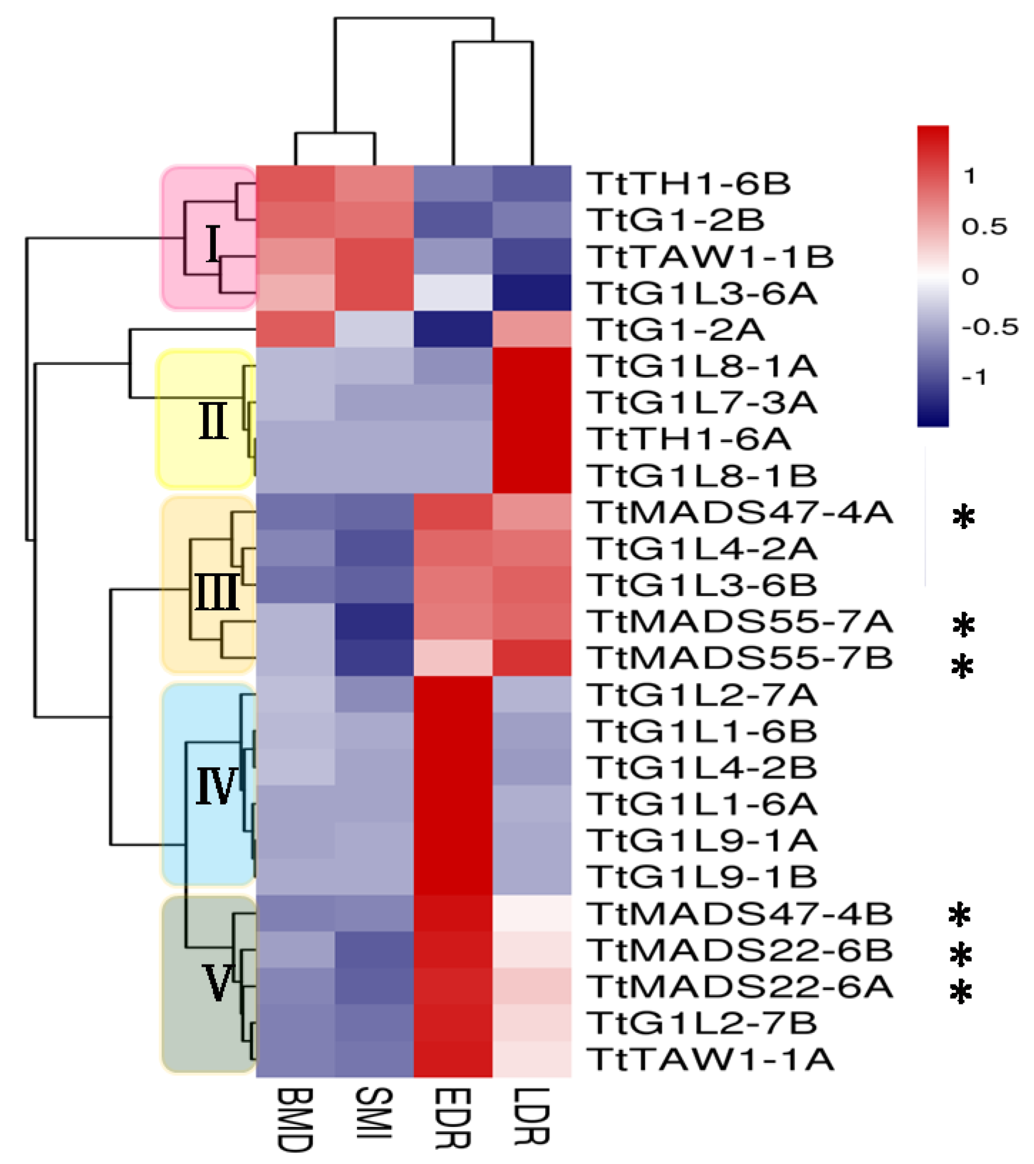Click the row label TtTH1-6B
[x=689, y=184]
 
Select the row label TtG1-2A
[x=676, y=330]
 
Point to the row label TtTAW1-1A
[x=711, y=1060]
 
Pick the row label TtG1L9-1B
[x=702, y=877]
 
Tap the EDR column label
[x=453, y=1118]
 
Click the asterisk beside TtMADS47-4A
[x=963, y=516]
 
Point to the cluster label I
[x=213, y=244]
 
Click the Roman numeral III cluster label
[x=217, y=592]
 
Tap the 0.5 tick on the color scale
[x=984, y=227]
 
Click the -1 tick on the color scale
[x=974, y=377]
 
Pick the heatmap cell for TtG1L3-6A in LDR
[x=532, y=292]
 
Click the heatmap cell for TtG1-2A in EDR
[x=453, y=329]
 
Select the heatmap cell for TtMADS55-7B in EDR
[x=453, y=658]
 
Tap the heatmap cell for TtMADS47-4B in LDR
[x=532, y=914]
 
